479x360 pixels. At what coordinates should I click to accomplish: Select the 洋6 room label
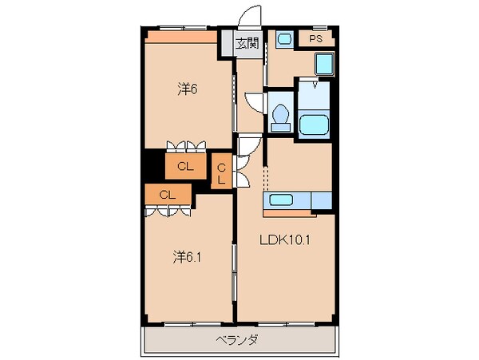click(187, 89)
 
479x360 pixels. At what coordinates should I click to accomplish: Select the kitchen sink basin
click(280, 200)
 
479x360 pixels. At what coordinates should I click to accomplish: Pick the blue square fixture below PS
click(323, 64)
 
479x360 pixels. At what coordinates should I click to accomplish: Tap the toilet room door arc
click(255, 103)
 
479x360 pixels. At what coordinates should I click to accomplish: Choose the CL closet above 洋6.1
click(168, 194)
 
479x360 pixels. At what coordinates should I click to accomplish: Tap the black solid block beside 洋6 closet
click(153, 166)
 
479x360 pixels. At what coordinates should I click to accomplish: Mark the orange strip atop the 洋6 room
click(180, 37)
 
